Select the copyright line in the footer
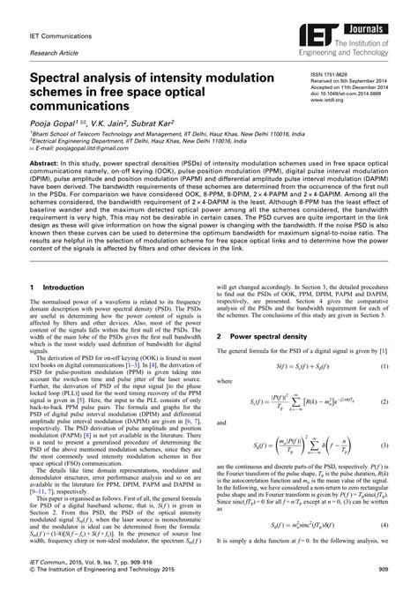pyautogui.click(x=97, y=574)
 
